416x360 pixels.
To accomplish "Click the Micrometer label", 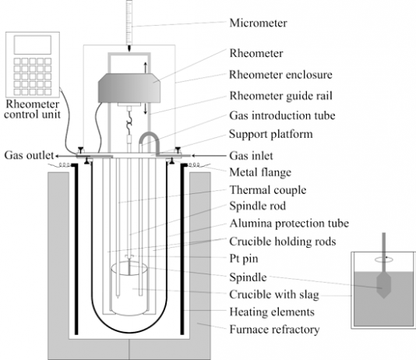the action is pyautogui.click(x=258, y=23).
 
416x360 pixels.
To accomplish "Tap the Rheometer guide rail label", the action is pyautogui.click(x=280, y=96).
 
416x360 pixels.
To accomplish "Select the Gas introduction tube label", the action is pyautogui.click(x=282, y=115).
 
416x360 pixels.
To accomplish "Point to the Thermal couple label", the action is pyautogui.click(x=268, y=190).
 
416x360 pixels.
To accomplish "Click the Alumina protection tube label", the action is pyautogui.click(x=289, y=224).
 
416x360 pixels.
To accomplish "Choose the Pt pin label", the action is pyautogui.click(x=244, y=259).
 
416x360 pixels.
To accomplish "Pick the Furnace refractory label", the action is pyautogui.click(x=274, y=330).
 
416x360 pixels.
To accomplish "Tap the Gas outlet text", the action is pyautogui.click(x=29, y=156).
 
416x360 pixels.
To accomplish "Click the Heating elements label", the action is pyautogui.click(x=272, y=312).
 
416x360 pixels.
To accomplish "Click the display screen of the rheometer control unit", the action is pyautogui.click(x=33, y=45).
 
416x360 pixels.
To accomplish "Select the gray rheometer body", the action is pyautogui.click(x=129, y=88).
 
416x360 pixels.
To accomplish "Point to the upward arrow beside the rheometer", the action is pyautogui.click(x=146, y=67).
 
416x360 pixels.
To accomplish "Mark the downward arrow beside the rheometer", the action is pyautogui.click(x=146, y=109).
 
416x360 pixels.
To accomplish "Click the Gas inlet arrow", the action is pyautogui.click(x=209, y=156).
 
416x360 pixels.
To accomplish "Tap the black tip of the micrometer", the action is pyautogui.click(x=129, y=48).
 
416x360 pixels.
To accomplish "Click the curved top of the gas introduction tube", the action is pyautogui.click(x=149, y=135).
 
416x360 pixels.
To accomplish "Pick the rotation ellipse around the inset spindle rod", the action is pyautogui.click(x=383, y=260).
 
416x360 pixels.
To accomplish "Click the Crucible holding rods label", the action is pyautogui.click(x=283, y=242).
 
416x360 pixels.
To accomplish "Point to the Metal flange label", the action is pyautogui.click(x=260, y=172).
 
